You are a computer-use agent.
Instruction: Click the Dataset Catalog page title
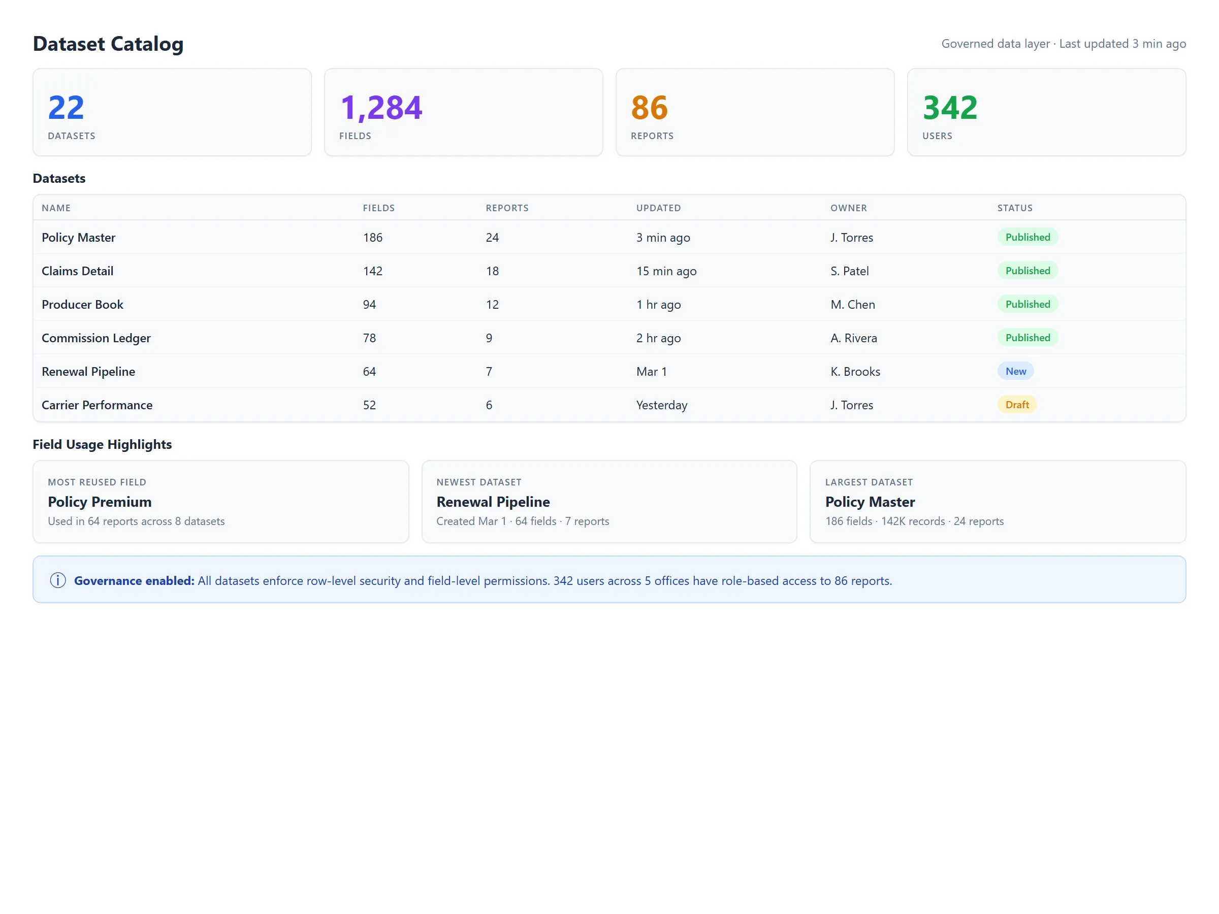point(108,44)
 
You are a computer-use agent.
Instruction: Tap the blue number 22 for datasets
point(66,108)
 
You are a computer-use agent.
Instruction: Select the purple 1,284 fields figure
point(381,108)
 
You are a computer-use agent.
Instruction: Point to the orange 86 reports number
point(649,108)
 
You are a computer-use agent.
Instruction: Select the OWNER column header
point(848,208)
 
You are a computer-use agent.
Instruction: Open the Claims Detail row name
point(78,271)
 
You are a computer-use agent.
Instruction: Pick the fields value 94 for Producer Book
point(369,305)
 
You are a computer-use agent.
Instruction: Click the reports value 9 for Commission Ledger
point(489,338)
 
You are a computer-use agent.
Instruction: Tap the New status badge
point(1015,371)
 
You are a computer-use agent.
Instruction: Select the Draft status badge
point(1017,405)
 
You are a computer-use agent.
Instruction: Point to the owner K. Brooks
point(855,372)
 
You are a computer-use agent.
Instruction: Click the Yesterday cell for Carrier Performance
point(661,406)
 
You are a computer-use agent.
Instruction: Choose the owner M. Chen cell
point(852,305)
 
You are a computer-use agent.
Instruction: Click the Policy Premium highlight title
point(100,502)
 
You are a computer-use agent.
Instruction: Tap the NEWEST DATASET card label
point(478,482)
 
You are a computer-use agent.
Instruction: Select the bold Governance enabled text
point(134,581)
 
